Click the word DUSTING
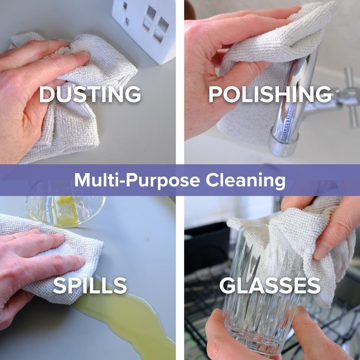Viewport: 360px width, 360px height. [x=90, y=94]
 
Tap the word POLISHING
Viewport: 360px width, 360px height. [x=270, y=94]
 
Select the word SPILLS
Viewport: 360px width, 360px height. [x=90, y=285]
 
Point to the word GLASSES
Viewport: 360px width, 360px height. [x=270, y=285]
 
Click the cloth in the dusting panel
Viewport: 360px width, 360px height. [x=69, y=96]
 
